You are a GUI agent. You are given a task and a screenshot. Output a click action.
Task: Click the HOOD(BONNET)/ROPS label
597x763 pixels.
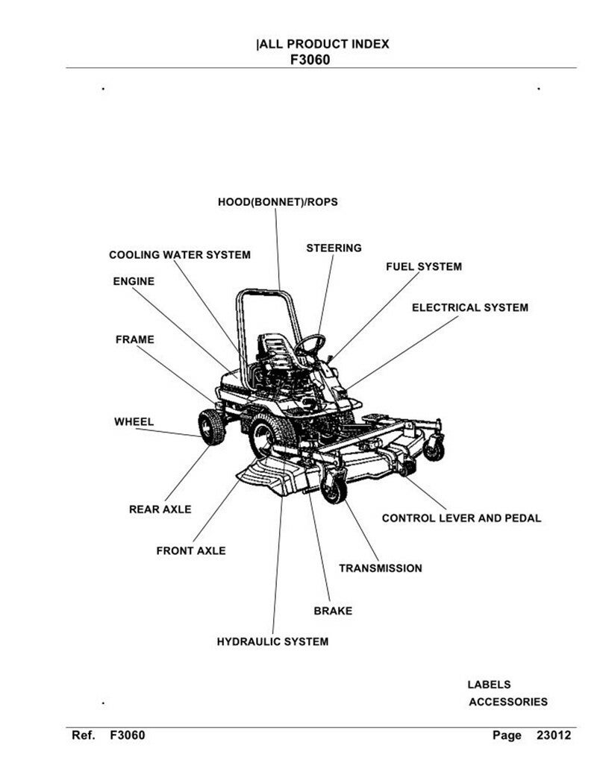click(278, 202)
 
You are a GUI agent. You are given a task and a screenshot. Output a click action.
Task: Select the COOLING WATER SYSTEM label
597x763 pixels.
click(180, 255)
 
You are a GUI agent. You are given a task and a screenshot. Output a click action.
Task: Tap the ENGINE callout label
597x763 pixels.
click(134, 281)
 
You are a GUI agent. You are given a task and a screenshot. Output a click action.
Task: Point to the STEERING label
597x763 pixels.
click(334, 248)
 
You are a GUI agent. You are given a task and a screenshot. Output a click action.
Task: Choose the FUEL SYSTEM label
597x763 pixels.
click(424, 267)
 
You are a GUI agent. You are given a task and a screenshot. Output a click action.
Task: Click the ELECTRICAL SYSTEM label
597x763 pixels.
click(470, 307)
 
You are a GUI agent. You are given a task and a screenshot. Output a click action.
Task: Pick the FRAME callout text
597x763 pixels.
click(135, 339)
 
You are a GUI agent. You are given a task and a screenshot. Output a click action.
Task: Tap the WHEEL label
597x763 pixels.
click(134, 422)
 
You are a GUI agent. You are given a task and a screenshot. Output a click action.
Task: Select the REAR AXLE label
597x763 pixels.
click(160, 509)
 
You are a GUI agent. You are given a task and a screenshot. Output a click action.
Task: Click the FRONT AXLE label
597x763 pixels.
click(191, 551)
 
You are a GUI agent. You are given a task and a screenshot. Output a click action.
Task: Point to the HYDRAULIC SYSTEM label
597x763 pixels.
click(272, 642)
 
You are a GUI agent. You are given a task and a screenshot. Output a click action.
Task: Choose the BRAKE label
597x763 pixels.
click(333, 611)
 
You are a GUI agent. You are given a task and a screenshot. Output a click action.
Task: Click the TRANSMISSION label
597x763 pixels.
click(381, 568)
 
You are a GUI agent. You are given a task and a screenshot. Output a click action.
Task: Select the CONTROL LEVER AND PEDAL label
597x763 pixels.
click(462, 518)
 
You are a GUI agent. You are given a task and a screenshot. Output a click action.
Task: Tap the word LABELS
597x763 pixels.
click(489, 685)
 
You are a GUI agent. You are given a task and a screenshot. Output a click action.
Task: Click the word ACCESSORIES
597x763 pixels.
click(508, 702)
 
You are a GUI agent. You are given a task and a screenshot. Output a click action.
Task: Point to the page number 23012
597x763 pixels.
click(554, 735)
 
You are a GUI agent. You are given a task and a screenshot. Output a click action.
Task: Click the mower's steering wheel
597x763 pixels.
click(310, 345)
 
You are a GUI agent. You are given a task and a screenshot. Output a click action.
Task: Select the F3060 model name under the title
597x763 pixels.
click(310, 60)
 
